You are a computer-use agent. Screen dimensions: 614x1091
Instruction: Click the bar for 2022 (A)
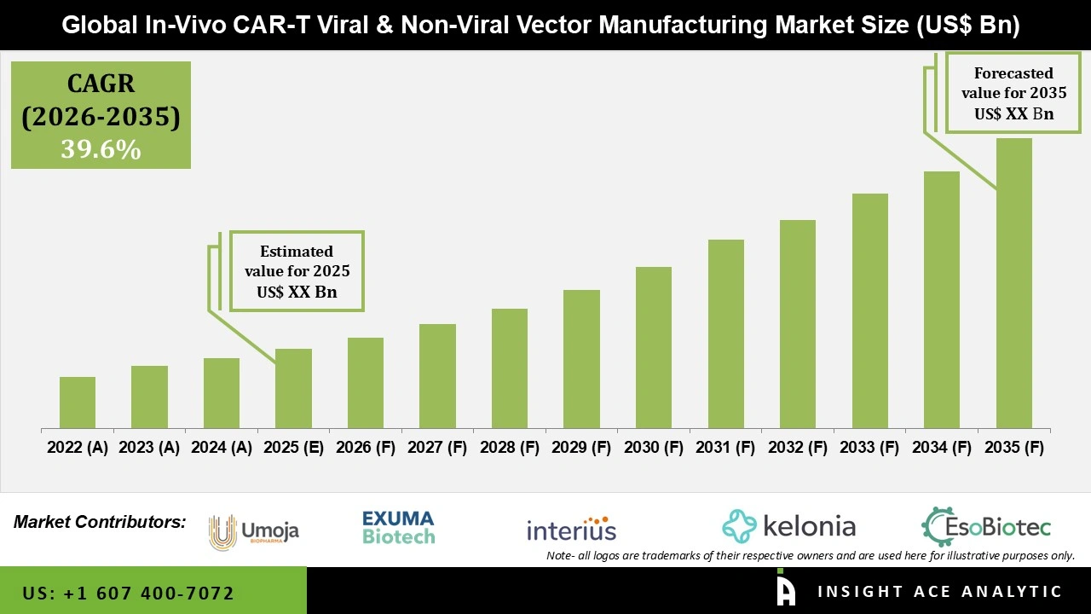pos(78,403)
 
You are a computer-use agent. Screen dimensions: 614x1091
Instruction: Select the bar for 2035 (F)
pos(1013,283)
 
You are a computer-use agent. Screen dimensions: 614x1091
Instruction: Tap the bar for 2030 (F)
pos(654,347)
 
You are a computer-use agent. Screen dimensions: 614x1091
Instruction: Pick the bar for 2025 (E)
pos(293,388)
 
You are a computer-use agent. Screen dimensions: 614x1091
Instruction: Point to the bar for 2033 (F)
pos(870,310)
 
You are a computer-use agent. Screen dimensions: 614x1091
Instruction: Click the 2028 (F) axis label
pos(510,448)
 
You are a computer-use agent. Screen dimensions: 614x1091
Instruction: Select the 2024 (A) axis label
pos(222,448)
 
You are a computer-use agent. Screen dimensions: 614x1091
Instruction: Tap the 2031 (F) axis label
pos(725,448)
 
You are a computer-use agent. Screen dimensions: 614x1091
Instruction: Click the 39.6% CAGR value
pos(101,150)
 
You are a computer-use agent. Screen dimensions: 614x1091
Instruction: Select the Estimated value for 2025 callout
pos(297,271)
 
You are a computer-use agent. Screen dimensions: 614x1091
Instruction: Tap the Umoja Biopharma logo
pos(254,531)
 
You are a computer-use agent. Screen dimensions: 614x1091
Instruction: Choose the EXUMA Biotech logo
pos(398,528)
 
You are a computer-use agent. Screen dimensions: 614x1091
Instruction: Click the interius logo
pos(571,529)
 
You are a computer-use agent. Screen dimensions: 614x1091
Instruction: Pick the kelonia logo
pos(788,526)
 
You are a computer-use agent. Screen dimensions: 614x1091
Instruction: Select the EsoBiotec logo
pos(986,527)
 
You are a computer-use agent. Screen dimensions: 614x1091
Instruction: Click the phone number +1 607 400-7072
pos(128,593)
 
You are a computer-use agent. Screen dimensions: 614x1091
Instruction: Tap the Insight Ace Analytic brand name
pos(939,592)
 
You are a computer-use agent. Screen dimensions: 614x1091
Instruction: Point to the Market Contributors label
pos(100,521)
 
